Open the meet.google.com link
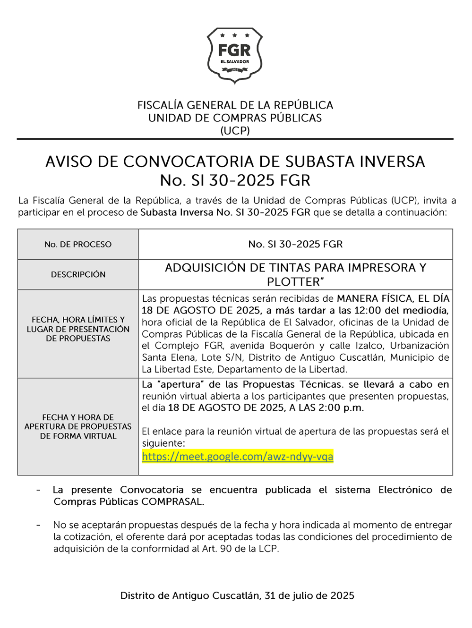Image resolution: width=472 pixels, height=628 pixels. [237, 457]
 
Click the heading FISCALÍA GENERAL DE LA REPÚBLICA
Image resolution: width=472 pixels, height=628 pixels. [235, 105]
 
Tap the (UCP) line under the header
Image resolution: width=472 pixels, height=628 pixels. [235, 130]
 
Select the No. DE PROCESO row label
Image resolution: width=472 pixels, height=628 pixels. [78, 244]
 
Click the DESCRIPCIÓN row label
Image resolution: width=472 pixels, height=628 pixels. [78, 274]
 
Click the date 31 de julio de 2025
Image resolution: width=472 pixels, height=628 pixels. [309, 595]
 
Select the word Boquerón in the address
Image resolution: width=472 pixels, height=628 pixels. [292, 346]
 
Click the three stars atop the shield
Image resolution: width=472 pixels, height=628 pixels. [235, 35]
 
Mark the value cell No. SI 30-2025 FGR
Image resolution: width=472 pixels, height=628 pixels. [295, 244]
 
